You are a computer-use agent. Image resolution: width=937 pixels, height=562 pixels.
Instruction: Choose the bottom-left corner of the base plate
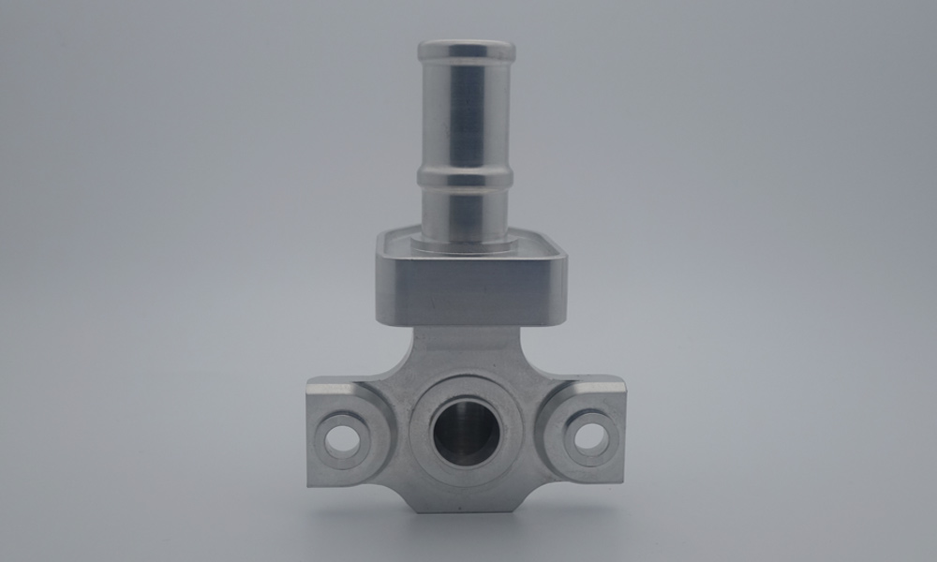(x=311, y=482)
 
